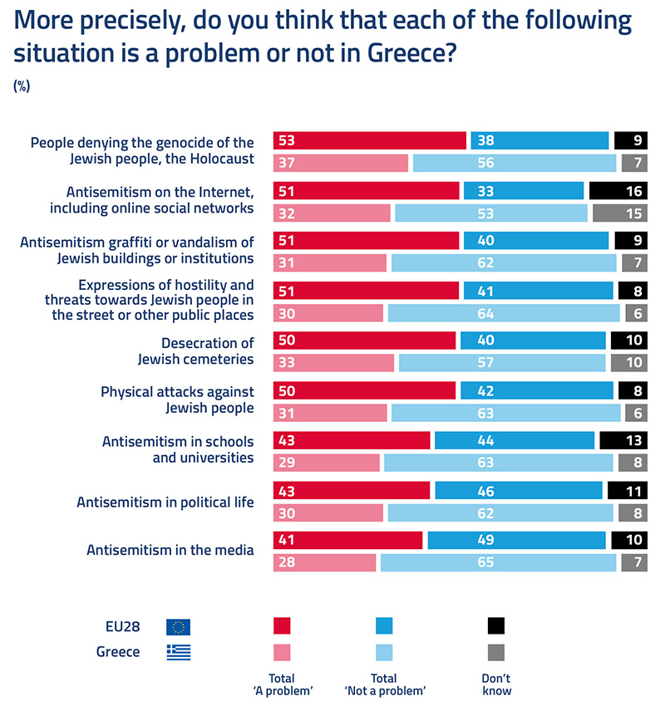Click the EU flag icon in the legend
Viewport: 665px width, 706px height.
coord(178,627)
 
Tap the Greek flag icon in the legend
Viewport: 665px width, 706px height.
coord(178,652)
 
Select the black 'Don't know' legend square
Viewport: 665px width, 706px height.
coord(496,626)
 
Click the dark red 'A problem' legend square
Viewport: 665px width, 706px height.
coord(282,626)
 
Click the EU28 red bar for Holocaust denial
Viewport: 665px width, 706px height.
coord(369,140)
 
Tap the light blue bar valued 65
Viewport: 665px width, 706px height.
coord(498,563)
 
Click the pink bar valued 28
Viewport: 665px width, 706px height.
coord(324,563)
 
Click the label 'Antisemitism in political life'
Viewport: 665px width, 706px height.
coord(165,502)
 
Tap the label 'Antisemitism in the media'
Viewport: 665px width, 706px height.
coord(170,550)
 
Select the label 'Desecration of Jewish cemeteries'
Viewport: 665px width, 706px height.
coord(196,351)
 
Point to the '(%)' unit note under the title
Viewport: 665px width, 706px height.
coord(22,86)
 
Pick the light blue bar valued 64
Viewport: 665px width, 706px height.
coord(504,313)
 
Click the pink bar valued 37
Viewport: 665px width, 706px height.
coord(341,163)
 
